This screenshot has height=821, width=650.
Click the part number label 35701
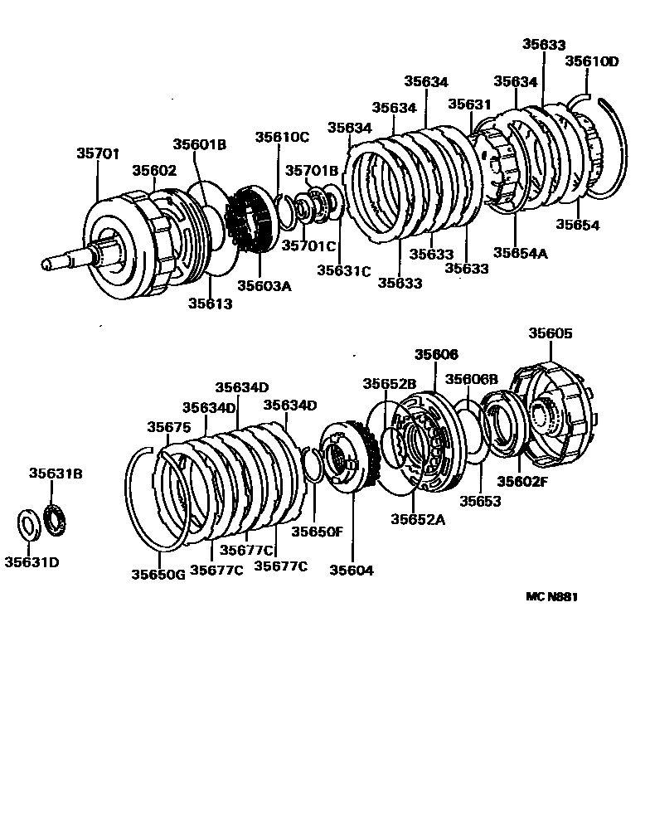click(x=99, y=153)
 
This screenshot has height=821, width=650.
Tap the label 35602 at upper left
click(x=154, y=170)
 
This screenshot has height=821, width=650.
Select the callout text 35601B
click(x=200, y=143)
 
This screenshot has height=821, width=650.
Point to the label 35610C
click(x=282, y=137)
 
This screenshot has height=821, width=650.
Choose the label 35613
click(x=209, y=304)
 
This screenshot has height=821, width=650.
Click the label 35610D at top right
click(x=592, y=61)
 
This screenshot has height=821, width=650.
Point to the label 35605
click(x=551, y=333)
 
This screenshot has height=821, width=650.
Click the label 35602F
click(x=522, y=481)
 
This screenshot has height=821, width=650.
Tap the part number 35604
click(x=352, y=570)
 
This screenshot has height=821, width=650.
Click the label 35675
click(x=168, y=427)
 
